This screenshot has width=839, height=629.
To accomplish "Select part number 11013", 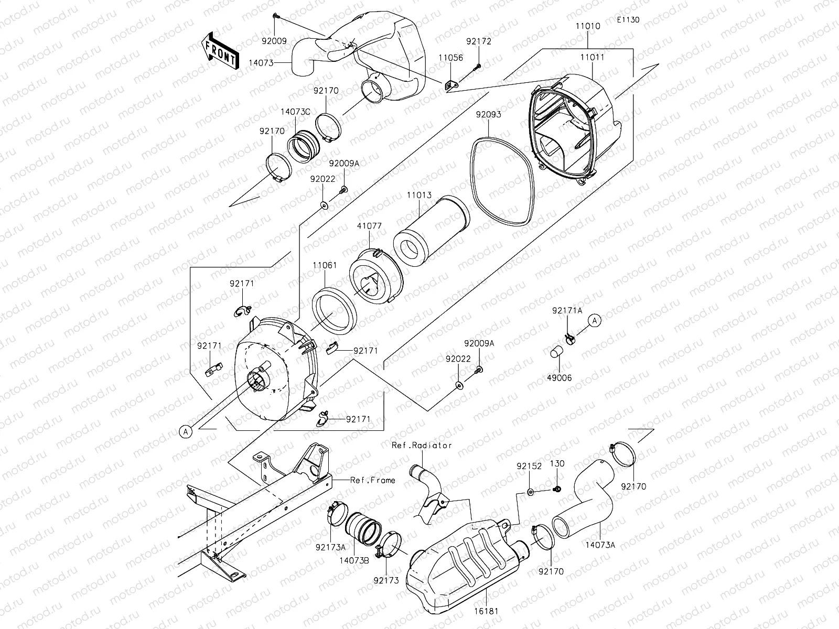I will coord(419,195).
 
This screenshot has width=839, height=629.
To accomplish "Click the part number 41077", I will coord(370,226).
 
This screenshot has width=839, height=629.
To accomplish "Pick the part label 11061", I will coord(325,266).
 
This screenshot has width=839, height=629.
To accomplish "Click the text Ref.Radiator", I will coord(422,445).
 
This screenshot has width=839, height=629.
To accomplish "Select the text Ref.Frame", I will coord(372,480).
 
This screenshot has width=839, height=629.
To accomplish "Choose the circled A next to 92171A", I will coord(594,320).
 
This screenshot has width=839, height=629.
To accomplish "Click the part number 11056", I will coord(451,58).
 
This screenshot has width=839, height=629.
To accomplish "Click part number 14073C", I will coord(295,112).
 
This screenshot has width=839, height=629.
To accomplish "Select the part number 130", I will coord(557,464).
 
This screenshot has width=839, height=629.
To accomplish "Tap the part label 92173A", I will coord(330,547).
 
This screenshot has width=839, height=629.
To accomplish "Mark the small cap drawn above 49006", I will coord(557,351).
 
